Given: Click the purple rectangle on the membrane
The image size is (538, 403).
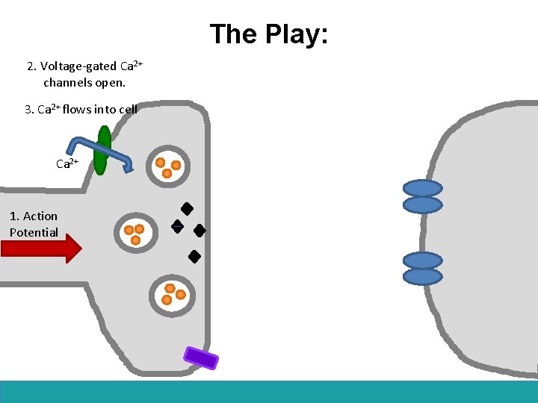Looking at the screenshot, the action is [201, 357].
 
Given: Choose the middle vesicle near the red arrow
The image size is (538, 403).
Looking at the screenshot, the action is [135, 233].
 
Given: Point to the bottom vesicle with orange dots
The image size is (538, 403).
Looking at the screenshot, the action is [173, 294].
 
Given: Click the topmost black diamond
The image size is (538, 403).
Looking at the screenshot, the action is [187, 210].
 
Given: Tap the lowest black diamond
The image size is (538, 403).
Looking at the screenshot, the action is [194, 257].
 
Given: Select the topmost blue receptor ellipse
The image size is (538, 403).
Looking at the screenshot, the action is [422, 188].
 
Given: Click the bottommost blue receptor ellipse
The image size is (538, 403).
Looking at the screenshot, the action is [422, 276].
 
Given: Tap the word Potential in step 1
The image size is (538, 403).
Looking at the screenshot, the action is [34, 232].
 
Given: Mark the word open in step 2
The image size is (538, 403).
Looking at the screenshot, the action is [110, 82].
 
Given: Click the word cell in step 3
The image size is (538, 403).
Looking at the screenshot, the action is [128, 109].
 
